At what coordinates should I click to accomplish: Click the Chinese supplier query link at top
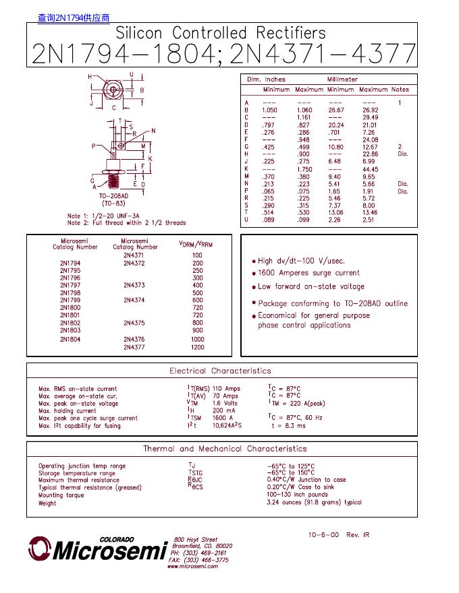(x=74, y=18)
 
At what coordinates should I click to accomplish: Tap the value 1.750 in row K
(x=308, y=169)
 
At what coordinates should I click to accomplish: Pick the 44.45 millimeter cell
(x=370, y=169)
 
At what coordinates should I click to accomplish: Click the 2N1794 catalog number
(x=70, y=263)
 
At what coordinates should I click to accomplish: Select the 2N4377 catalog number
(x=134, y=347)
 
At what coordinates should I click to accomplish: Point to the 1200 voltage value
(x=197, y=347)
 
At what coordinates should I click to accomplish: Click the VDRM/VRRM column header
(x=196, y=244)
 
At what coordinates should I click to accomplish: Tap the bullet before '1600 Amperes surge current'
(x=254, y=274)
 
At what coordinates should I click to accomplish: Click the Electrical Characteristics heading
(x=220, y=371)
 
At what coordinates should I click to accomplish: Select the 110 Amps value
(x=226, y=389)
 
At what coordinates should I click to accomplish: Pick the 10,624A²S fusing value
(x=227, y=425)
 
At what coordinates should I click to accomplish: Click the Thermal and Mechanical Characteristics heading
(x=225, y=449)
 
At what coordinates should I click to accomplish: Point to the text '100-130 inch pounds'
(x=297, y=495)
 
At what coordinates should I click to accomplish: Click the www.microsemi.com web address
(x=192, y=567)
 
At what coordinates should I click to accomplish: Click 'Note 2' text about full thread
(x=126, y=222)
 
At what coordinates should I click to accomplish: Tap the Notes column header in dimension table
(x=400, y=90)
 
